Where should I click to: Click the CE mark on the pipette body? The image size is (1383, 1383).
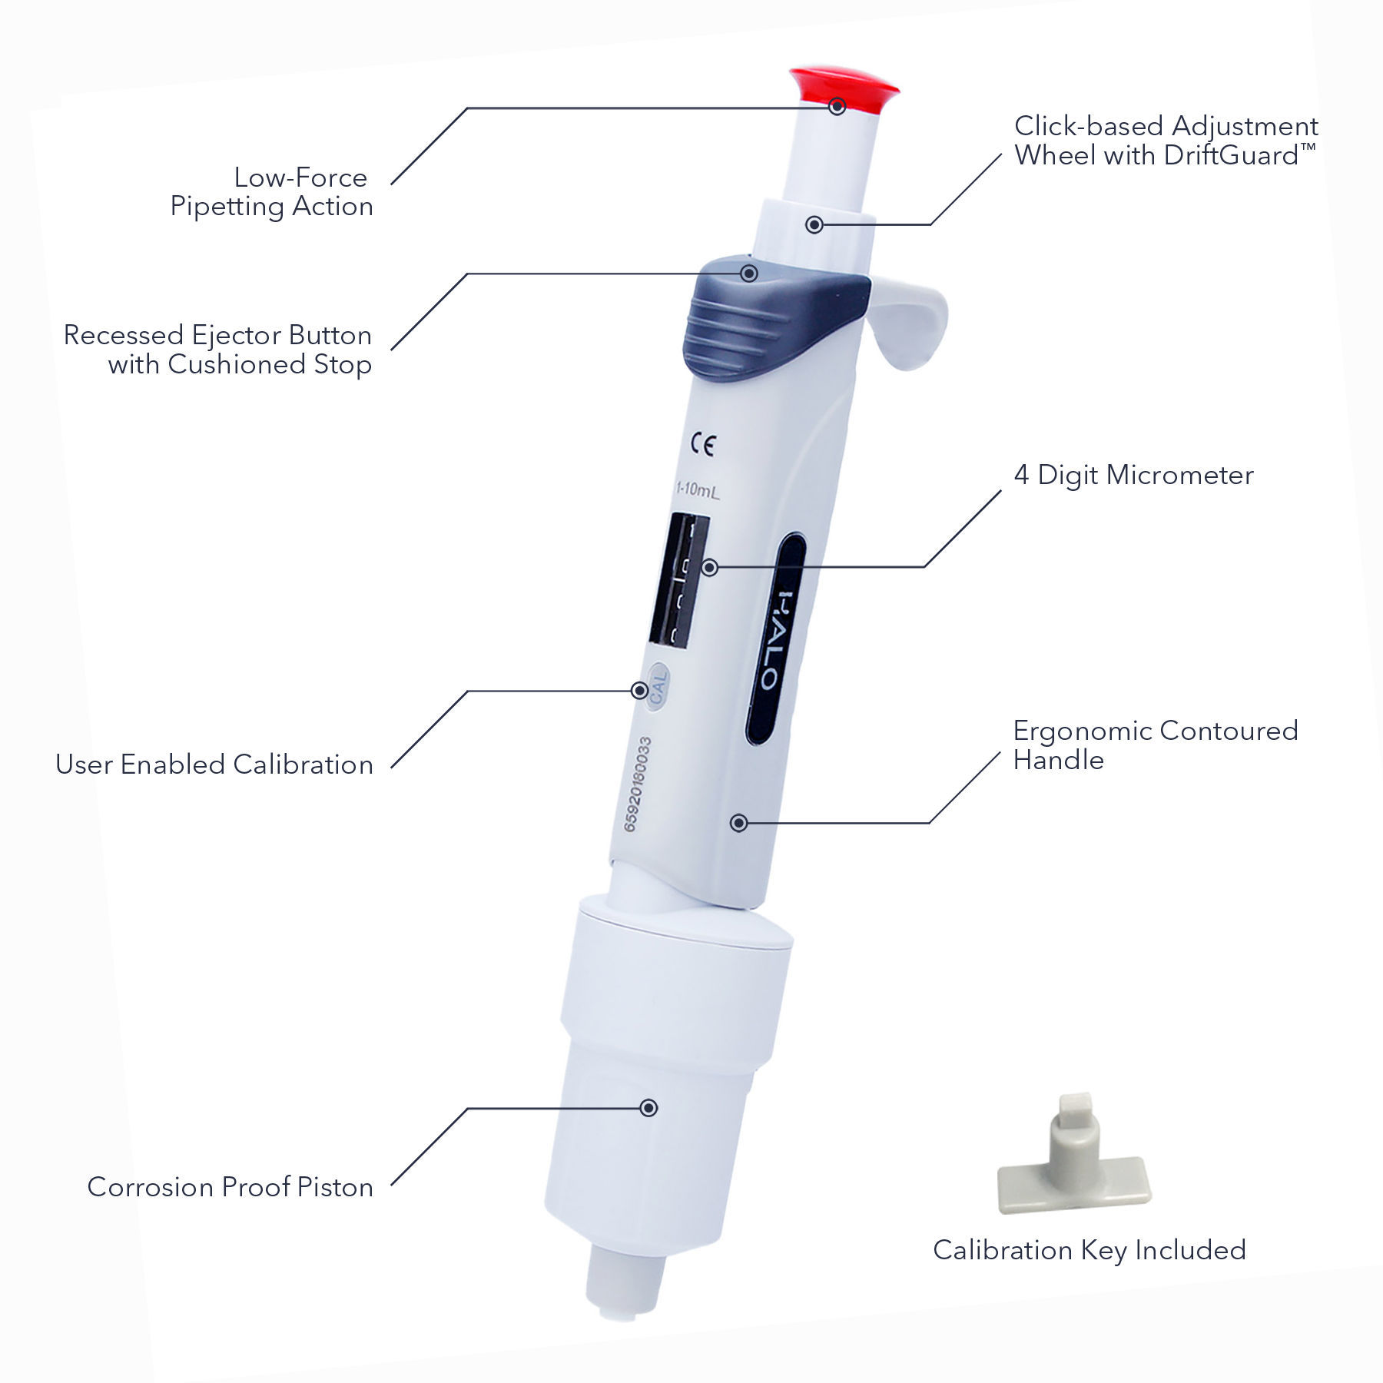pyautogui.click(x=702, y=445)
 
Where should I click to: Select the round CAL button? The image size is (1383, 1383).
pyautogui.click(x=658, y=686)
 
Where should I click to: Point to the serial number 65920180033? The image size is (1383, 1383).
pyautogui.click(x=637, y=784)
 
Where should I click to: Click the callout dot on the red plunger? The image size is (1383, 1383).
pyautogui.click(x=837, y=107)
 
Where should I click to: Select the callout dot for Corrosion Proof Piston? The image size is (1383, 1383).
pyautogui.click(x=648, y=1108)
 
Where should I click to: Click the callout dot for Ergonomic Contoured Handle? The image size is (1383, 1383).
pyautogui.click(x=738, y=823)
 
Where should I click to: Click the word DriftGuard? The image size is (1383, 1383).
pyautogui.click(x=1230, y=156)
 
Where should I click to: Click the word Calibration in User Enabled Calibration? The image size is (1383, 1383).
pyautogui.click(x=303, y=764)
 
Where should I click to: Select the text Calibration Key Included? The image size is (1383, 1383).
pyautogui.click(x=1089, y=1250)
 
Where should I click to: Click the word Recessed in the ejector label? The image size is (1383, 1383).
pyautogui.click(x=123, y=335)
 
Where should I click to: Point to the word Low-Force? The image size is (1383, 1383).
pyautogui.click(x=300, y=177)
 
